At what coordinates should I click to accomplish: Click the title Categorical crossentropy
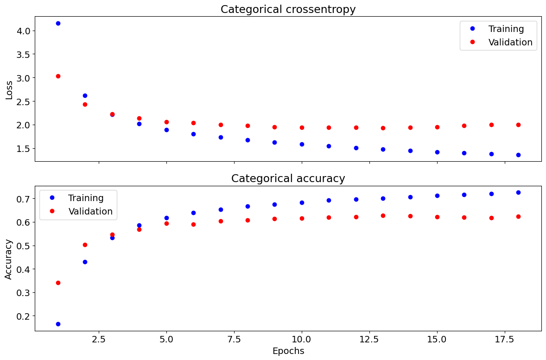[x=288, y=9]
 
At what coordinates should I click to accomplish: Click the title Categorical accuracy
[x=288, y=178]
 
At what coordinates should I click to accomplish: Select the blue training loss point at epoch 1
[x=58, y=23]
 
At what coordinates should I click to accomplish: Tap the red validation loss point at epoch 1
[x=58, y=76]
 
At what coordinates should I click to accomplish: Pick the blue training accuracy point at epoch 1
[x=58, y=324]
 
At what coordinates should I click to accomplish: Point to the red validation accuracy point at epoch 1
[x=58, y=283]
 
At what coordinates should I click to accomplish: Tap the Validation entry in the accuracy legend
[x=90, y=211]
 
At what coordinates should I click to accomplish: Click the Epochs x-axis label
[x=288, y=351]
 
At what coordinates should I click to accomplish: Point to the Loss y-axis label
[x=9, y=89]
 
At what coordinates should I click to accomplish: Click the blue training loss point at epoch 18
[x=518, y=155]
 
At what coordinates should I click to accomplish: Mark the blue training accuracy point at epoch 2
[x=85, y=262]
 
